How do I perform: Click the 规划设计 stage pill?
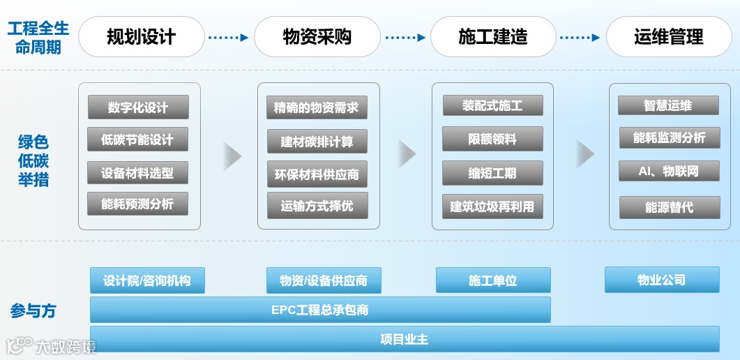141,37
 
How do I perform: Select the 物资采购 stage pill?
317,37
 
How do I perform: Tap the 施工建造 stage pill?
492,37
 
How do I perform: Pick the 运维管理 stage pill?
669,37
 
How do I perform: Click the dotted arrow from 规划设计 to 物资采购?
229,38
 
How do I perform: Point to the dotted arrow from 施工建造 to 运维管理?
580,38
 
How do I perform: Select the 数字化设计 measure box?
138,108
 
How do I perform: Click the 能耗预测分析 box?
138,204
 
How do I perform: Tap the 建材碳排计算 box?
317,142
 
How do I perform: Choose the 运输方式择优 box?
317,207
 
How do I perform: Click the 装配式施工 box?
492,106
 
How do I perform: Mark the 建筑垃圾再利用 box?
492,207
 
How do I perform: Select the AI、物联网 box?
669,171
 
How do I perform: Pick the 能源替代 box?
669,207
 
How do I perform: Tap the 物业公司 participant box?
661,280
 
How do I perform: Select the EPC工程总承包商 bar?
320,310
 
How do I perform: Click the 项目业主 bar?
405,339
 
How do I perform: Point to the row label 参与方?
33,311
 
